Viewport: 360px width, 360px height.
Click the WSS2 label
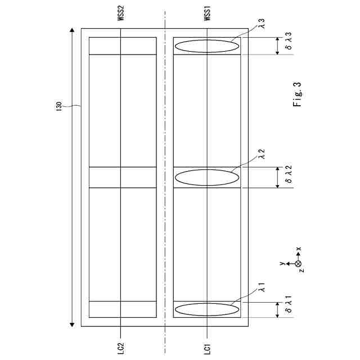point(121,13)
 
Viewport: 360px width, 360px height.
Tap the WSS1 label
point(208,13)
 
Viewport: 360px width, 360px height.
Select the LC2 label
point(121,349)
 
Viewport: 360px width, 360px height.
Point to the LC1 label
point(208,349)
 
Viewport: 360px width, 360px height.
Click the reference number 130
point(59,106)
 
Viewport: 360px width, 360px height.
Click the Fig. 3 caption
point(297,94)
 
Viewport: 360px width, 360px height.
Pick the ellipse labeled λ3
point(207,46)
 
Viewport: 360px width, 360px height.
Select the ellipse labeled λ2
point(207,178)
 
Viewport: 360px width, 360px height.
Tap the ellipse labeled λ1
point(207,309)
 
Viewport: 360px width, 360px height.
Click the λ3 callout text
point(262,24)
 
